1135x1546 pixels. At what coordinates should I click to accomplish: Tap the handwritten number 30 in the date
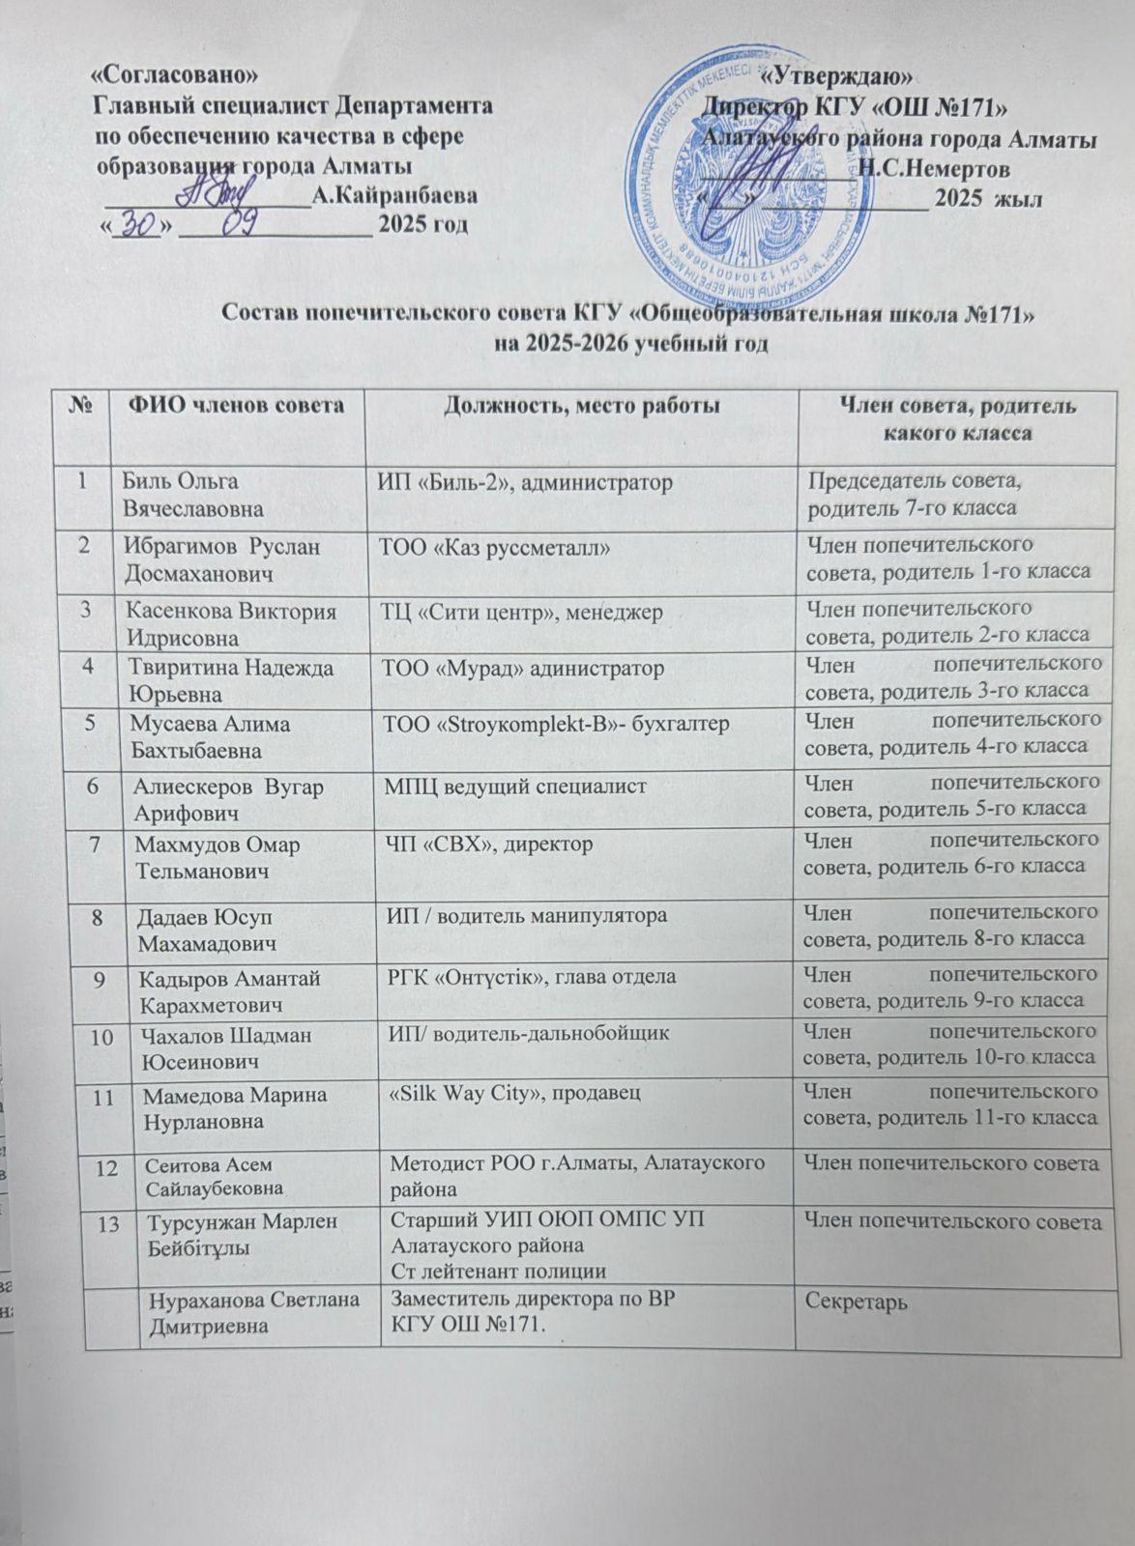click(x=140, y=224)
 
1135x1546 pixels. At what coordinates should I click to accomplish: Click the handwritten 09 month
click(x=239, y=224)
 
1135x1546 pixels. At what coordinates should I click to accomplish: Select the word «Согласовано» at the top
click(x=175, y=74)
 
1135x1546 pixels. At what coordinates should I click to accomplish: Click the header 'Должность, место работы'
click(x=581, y=407)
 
